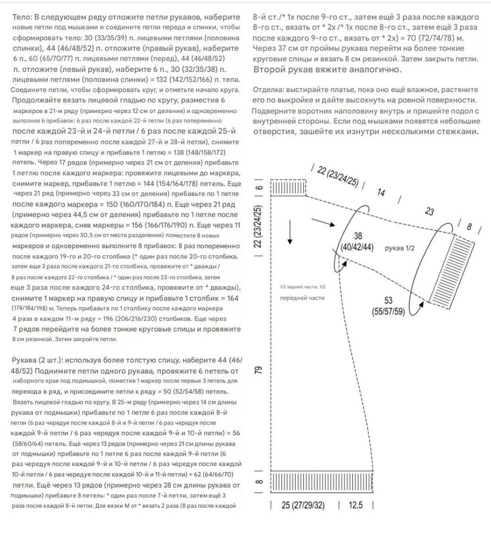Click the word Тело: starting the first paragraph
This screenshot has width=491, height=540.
(23, 17)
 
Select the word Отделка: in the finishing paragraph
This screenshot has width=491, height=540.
(268, 91)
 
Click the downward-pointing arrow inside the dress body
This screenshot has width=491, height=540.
(291, 233)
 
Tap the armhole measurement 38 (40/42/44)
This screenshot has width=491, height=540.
(357, 242)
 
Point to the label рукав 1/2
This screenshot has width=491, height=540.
(400, 248)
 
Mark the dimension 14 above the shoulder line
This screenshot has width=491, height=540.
(381, 192)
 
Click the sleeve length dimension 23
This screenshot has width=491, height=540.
(430, 211)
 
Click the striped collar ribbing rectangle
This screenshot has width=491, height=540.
(288, 188)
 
